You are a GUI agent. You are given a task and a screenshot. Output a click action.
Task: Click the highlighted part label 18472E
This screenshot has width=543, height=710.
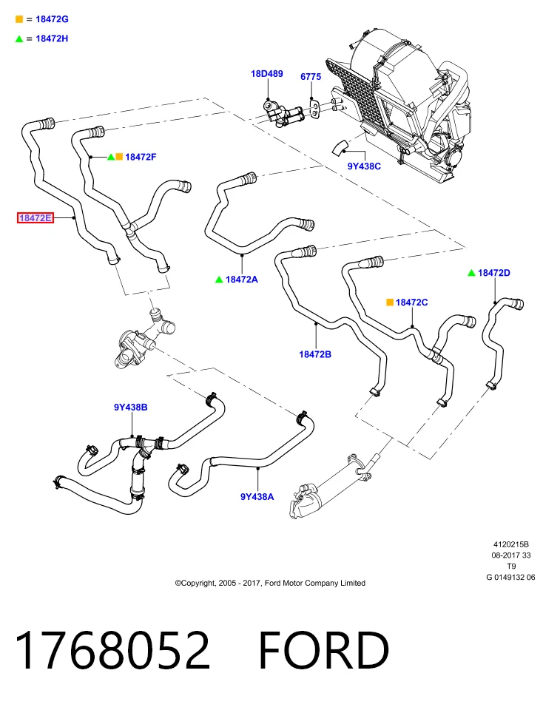[36, 217]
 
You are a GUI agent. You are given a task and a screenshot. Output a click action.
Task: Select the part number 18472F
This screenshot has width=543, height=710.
[141, 157]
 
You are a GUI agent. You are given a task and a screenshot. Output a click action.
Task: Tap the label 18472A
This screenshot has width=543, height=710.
[242, 280]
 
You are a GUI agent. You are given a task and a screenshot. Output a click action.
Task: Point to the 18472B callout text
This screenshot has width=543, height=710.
[315, 354]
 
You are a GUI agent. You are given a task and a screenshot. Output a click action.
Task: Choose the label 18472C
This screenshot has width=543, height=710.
[411, 302]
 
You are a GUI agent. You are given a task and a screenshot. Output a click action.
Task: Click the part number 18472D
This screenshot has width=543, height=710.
[494, 273]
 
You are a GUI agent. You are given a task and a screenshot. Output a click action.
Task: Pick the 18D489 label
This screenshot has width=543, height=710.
[267, 73]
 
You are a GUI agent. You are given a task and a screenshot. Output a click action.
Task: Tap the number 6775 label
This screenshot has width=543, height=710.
[311, 76]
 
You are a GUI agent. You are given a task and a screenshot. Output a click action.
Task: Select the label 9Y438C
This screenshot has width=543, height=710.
[364, 166]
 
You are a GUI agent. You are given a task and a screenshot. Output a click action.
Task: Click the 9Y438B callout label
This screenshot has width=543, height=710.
[130, 407]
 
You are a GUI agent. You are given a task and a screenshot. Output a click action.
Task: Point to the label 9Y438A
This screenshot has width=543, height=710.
[257, 497]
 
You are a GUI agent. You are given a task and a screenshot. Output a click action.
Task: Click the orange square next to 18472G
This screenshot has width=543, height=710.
[19, 19]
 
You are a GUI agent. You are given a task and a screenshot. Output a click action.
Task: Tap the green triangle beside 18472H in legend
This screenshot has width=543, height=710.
[19, 39]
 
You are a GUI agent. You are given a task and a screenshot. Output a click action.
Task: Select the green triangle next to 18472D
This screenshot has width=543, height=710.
[471, 273]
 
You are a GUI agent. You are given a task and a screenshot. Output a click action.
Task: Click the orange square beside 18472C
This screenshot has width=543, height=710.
[389, 302]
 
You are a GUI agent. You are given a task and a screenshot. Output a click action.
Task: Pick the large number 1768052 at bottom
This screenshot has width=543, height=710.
[112, 650]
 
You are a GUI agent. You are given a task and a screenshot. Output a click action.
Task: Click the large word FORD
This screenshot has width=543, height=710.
[324, 650]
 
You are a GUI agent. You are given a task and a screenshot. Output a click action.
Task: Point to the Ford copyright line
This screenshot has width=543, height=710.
[270, 584]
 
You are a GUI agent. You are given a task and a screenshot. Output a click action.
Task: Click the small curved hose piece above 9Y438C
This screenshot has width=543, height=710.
[340, 147]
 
